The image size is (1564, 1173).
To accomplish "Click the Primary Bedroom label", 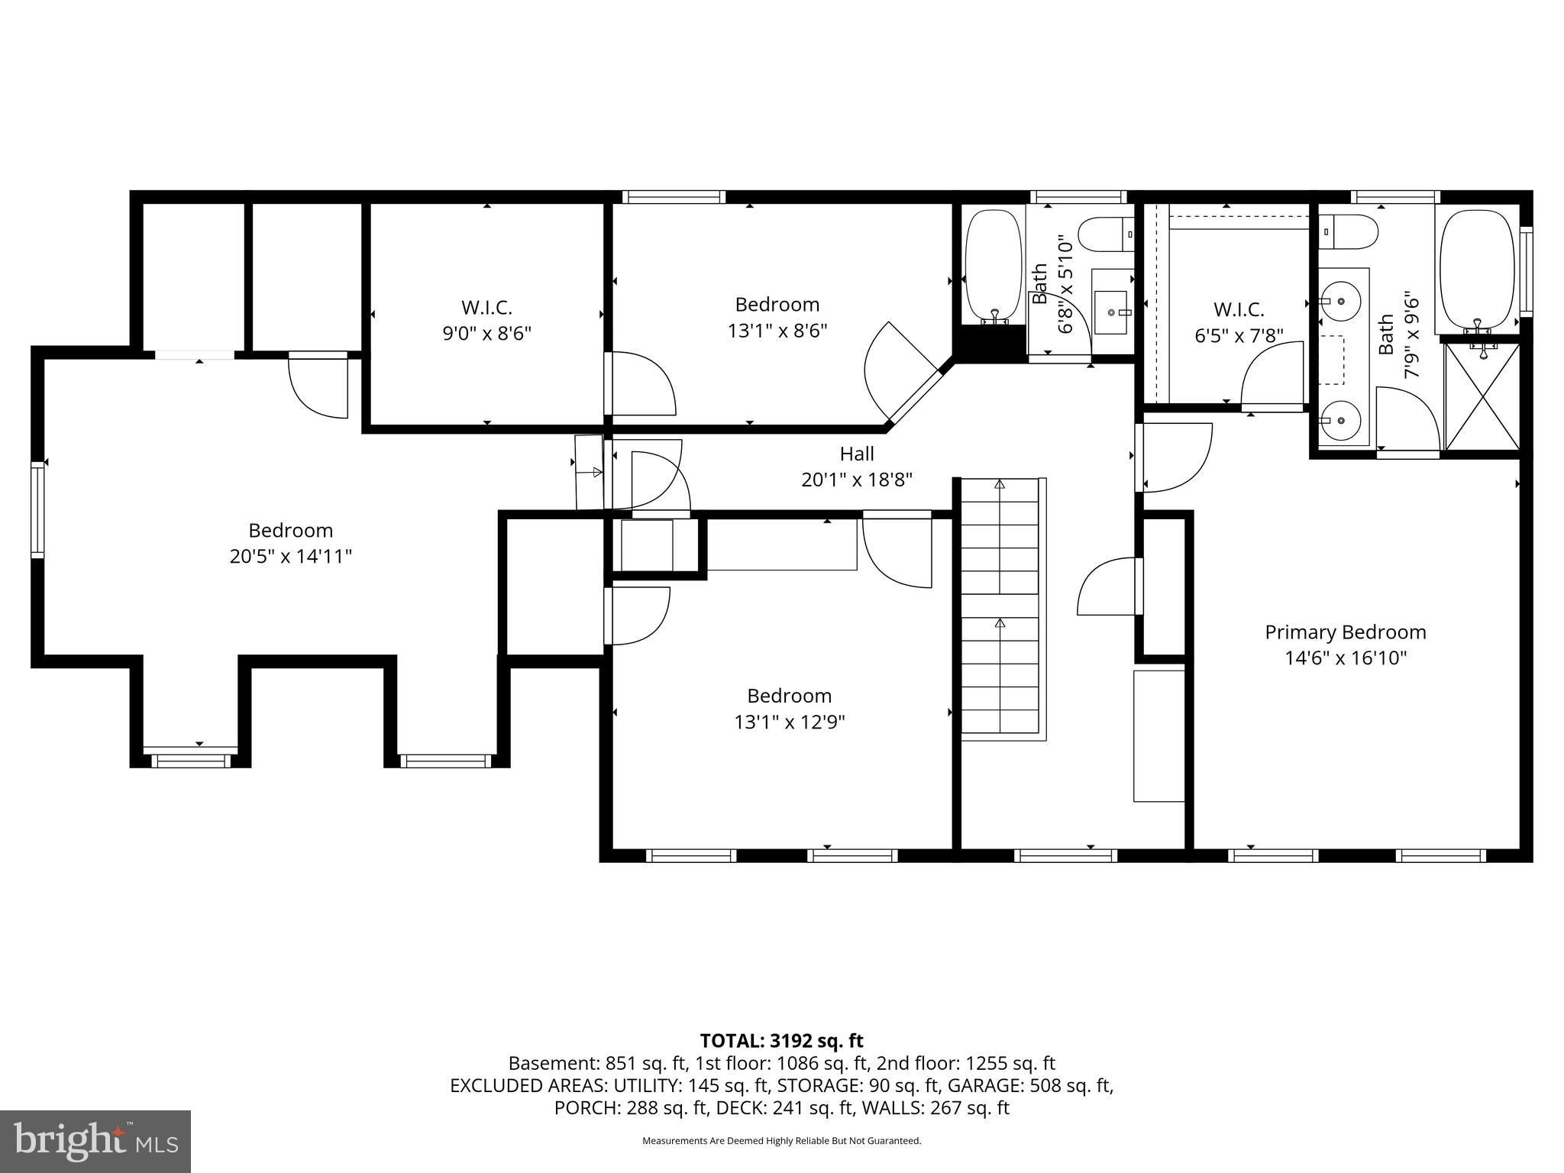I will click(x=1345, y=632).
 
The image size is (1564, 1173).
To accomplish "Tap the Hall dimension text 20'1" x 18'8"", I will click(x=856, y=480).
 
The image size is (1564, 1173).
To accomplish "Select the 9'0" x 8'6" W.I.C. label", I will click(x=486, y=333).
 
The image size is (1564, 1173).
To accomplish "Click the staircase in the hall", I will click(x=1000, y=607).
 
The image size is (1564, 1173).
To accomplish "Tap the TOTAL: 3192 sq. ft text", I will click(x=781, y=1040).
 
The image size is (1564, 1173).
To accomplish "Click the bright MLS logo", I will click(x=95, y=1141).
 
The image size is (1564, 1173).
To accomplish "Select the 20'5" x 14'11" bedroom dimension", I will click(x=290, y=556).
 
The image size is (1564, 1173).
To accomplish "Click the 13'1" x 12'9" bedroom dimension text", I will click(x=790, y=722).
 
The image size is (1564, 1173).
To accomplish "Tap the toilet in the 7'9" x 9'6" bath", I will click(x=1349, y=231).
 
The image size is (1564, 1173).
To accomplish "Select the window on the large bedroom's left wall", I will click(x=37, y=509).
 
